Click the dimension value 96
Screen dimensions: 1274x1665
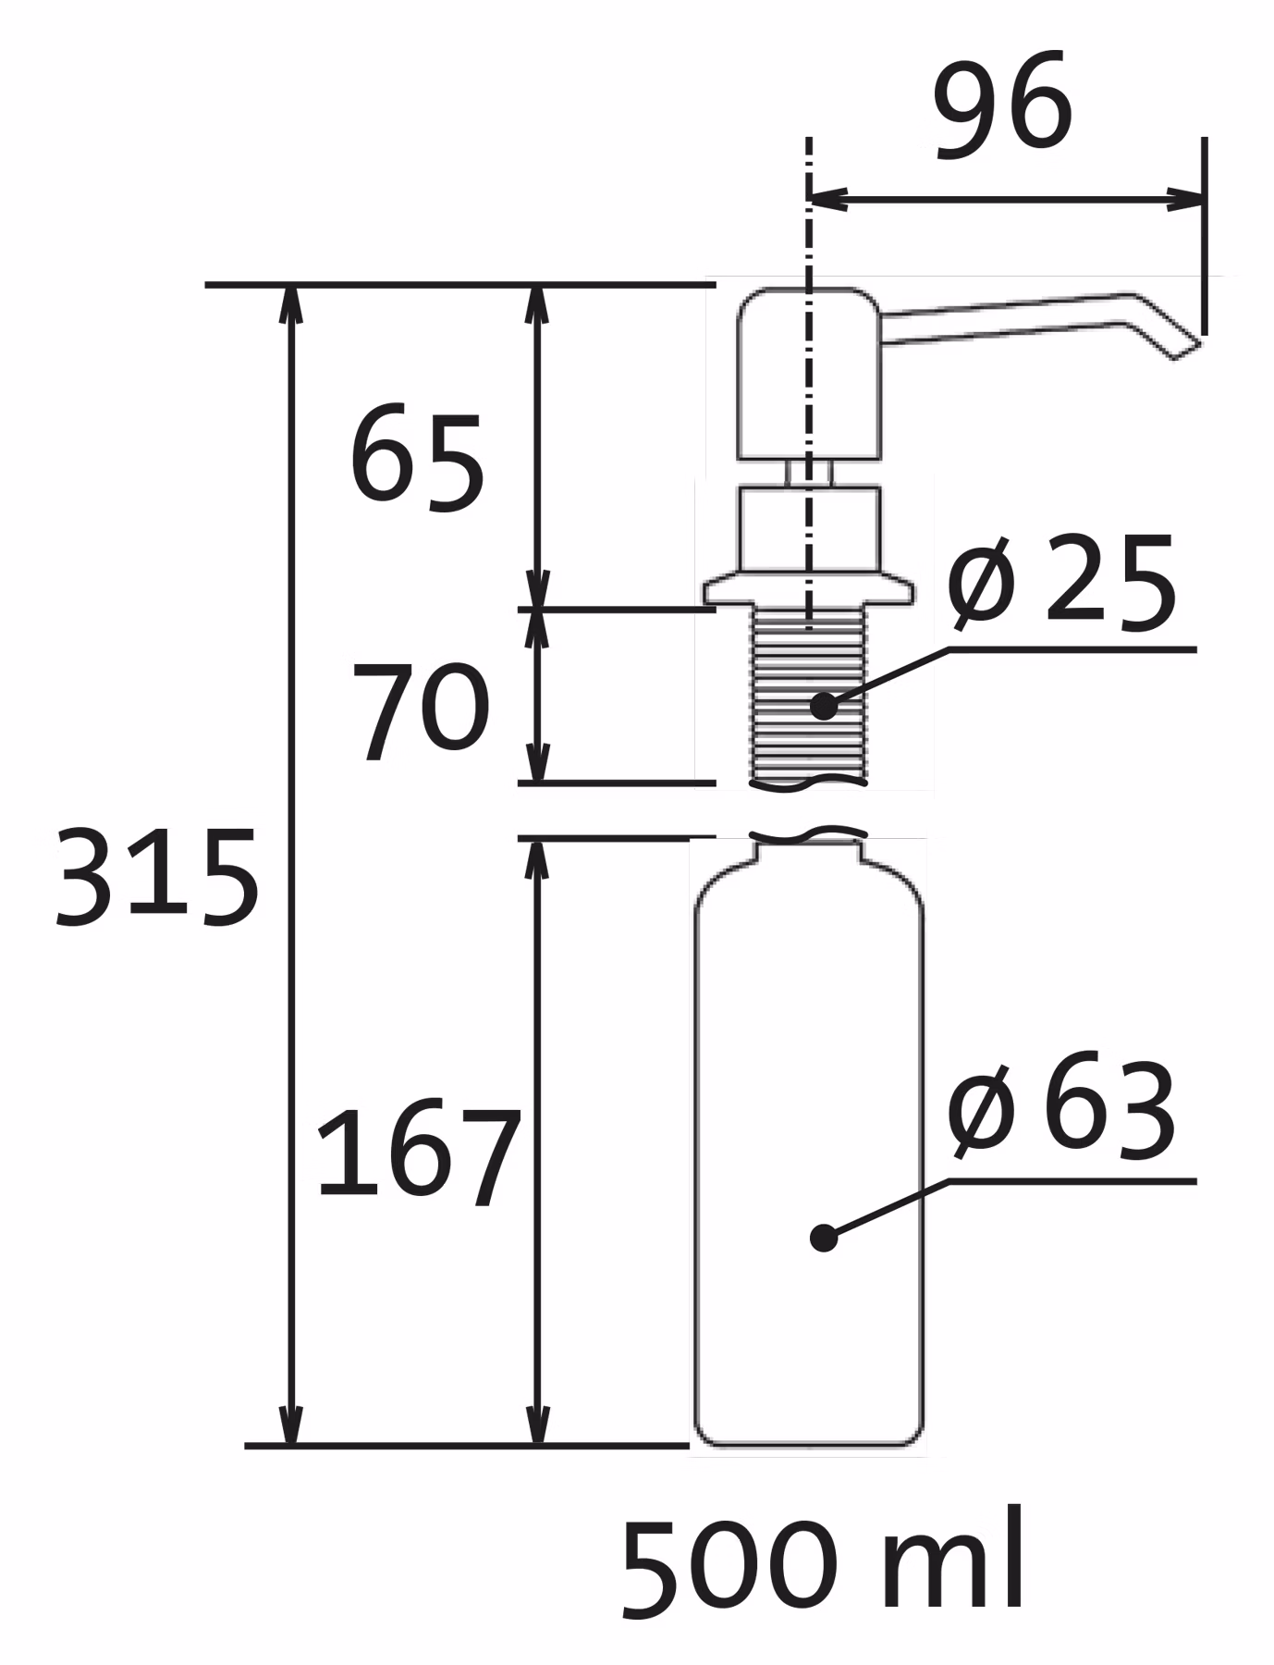click(1003, 104)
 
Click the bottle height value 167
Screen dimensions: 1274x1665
click(419, 1156)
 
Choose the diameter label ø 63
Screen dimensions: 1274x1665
click(1062, 1107)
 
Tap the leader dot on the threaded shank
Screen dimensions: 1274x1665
click(823, 707)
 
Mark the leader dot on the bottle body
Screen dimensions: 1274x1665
click(823, 1238)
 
